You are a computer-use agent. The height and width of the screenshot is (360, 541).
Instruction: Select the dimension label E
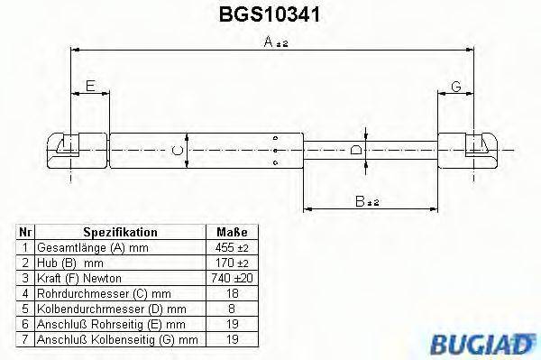tap(89, 87)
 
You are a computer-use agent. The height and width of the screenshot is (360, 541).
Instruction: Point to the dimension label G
tap(456, 87)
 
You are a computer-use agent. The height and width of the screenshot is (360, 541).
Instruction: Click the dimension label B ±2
tap(366, 202)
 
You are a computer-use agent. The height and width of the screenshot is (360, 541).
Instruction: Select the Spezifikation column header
tap(120, 232)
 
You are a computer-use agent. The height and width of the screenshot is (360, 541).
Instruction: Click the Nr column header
tap(26, 232)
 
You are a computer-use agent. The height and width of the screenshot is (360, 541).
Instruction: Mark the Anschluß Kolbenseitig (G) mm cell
tap(118, 339)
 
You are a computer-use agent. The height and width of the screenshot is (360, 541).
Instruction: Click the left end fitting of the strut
tap(68, 148)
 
